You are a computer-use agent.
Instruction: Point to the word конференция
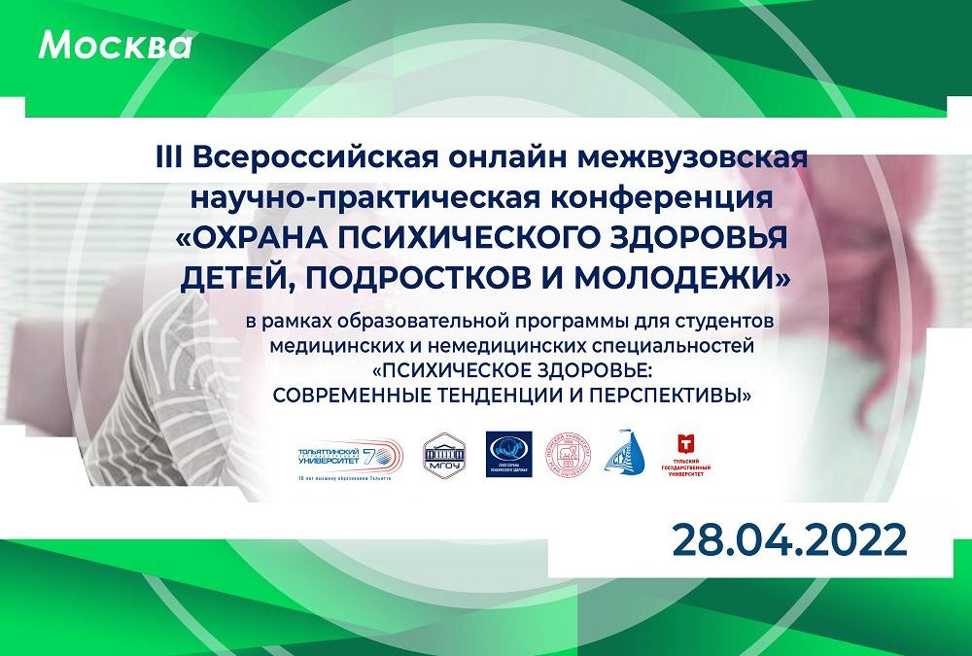pos(689,199)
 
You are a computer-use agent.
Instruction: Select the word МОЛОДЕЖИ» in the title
pos(683,278)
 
